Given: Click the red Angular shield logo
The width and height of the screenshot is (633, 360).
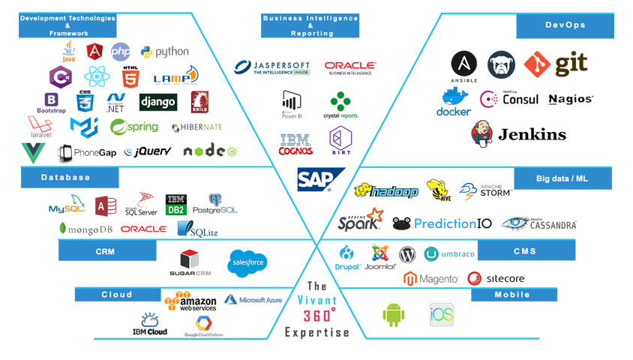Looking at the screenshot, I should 95,52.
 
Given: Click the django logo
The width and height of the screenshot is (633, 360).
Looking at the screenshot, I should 158,101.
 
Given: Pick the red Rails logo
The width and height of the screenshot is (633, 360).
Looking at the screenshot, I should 201,103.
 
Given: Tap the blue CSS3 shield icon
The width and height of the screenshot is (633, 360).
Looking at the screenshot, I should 79,100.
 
